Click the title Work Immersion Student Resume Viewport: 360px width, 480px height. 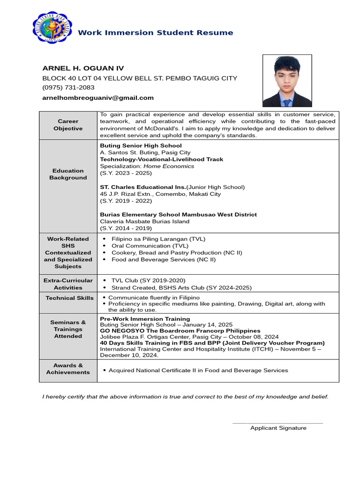155,32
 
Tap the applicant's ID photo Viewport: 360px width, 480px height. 287,81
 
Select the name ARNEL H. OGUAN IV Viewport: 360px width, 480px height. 83,68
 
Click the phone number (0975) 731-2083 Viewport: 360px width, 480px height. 68,88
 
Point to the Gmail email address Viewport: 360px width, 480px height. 98,97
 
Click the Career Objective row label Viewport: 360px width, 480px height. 68,125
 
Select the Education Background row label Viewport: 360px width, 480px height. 68,174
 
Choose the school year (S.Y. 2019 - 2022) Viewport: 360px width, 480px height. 126,201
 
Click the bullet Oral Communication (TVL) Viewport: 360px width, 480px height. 150,246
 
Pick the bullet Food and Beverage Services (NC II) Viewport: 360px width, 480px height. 163,259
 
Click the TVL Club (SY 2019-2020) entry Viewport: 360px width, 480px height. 148,280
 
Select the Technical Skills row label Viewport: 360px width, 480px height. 69,298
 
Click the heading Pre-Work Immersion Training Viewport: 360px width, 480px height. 145,319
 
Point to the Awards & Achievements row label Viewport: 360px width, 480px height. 68,368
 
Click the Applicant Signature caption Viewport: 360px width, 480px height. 278,427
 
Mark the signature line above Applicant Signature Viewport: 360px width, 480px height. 277,423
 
